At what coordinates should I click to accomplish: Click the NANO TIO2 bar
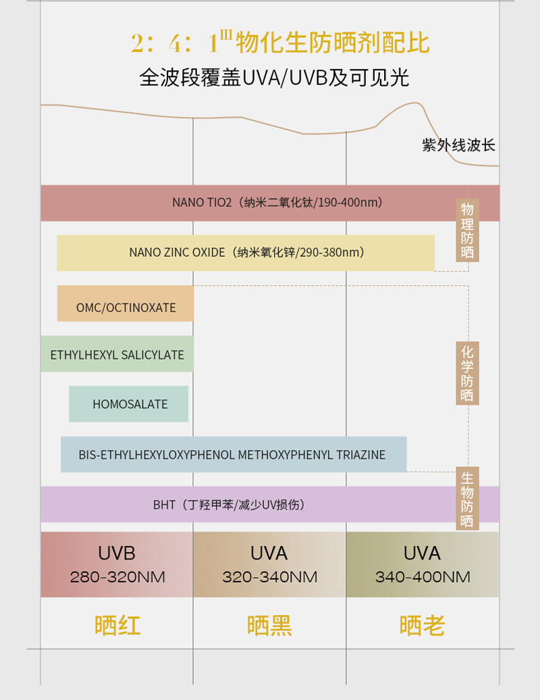(x=270, y=203)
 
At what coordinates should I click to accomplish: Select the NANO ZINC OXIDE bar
(x=246, y=253)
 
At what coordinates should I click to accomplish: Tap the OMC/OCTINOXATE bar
(x=126, y=304)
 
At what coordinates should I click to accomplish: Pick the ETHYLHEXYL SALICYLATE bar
(x=117, y=354)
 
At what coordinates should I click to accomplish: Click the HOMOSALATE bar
(x=129, y=404)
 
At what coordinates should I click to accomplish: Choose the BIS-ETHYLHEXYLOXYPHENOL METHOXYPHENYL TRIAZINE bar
(x=234, y=455)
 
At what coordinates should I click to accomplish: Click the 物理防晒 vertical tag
(x=467, y=230)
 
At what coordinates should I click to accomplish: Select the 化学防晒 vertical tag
(x=467, y=374)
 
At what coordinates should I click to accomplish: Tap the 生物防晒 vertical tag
(x=467, y=499)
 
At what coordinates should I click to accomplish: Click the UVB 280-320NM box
(x=117, y=564)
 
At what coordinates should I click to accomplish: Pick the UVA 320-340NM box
(x=269, y=564)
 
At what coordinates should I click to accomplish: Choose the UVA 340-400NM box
(x=423, y=564)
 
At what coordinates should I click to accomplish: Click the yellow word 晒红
(x=117, y=626)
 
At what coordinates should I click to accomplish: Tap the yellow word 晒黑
(x=269, y=626)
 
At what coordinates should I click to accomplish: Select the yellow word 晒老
(x=423, y=626)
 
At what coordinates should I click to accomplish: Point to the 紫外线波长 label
(x=459, y=145)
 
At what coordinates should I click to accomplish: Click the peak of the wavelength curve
(x=414, y=103)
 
